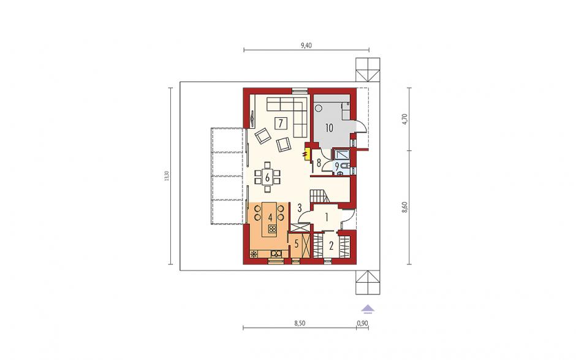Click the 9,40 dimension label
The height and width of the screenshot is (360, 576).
click(x=306, y=45)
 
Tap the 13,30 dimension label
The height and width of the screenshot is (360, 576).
click(x=167, y=176)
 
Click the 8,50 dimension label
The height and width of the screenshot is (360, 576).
click(x=300, y=323)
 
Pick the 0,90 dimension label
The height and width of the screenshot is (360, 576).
click(x=362, y=323)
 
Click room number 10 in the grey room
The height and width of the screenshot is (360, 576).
click(x=329, y=128)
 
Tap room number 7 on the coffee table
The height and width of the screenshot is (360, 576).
click(x=281, y=123)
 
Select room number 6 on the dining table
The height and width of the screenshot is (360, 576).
click(x=267, y=178)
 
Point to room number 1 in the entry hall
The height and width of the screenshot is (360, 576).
click(x=326, y=217)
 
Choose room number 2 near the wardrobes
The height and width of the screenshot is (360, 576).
click(x=331, y=246)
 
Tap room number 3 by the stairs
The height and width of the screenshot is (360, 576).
click(x=300, y=208)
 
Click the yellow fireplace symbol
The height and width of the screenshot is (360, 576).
click(x=306, y=153)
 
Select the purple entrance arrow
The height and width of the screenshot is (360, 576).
click(x=368, y=309)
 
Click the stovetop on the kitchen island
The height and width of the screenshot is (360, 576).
click(x=272, y=229)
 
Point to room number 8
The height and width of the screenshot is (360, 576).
click(x=319, y=162)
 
